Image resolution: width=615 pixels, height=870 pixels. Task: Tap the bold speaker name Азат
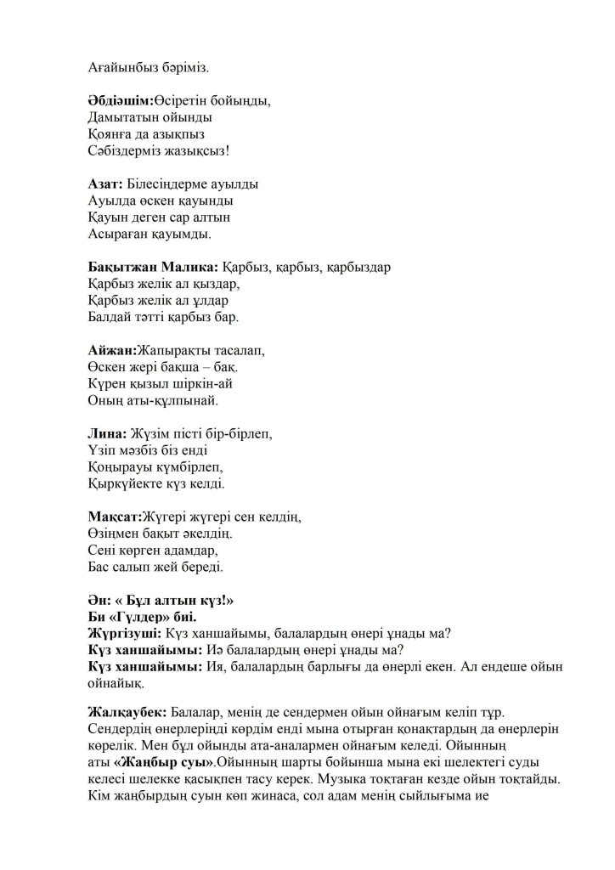pyautogui.click(x=104, y=183)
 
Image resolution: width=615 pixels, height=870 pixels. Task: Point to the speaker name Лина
pyautogui.click(x=106, y=433)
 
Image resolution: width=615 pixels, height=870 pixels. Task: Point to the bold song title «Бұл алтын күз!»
pyautogui.click(x=173, y=600)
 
